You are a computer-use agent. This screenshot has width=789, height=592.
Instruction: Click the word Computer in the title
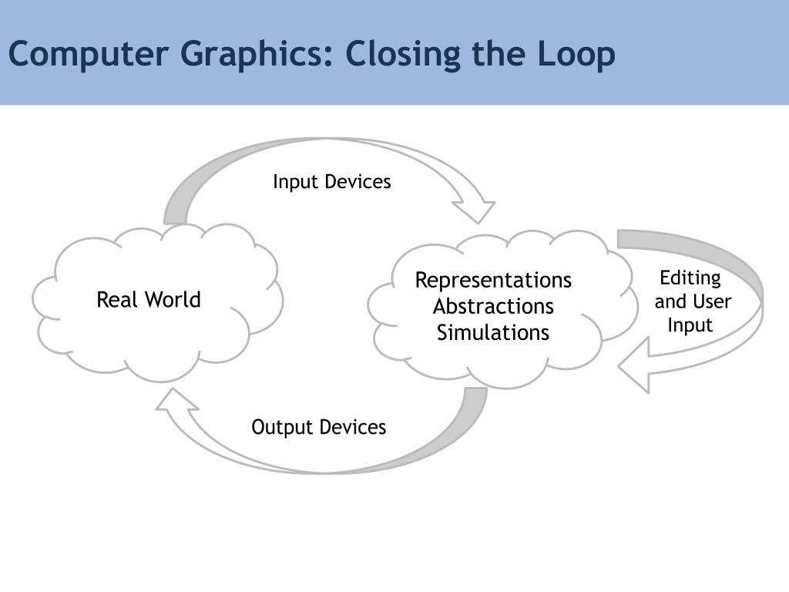point(89,54)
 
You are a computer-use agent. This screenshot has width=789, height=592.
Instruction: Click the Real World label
point(149,300)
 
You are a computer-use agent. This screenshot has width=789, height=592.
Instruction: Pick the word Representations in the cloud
point(493,280)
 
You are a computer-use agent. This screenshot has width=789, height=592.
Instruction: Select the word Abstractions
point(493,306)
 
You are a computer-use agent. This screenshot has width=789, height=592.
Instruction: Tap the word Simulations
point(493,333)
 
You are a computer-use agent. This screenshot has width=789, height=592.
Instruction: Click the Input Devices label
point(332,182)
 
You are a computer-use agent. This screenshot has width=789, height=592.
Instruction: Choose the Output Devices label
point(319,427)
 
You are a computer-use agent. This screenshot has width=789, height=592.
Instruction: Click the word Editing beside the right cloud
point(690,277)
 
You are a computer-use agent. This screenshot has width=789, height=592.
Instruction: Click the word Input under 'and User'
point(690,325)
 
